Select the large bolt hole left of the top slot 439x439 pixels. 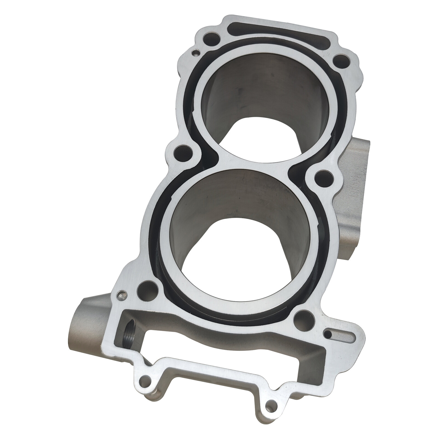tap(211, 38)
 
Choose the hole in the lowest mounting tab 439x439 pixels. tap(270, 411)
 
